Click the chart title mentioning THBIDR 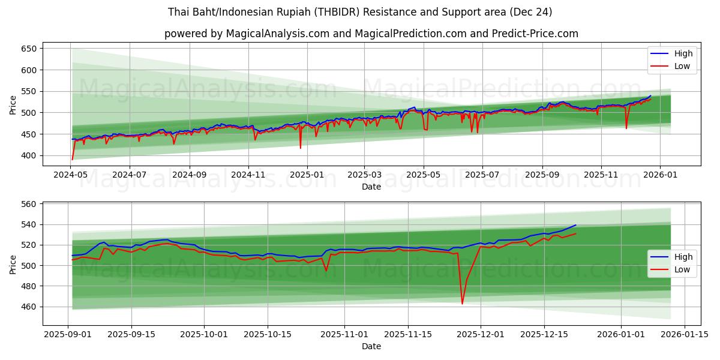[360, 12]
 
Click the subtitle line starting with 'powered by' [371, 34]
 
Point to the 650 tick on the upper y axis [29, 49]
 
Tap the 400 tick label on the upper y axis [29, 155]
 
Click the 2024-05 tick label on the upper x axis [72, 175]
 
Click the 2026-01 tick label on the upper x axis [660, 175]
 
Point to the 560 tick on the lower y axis [29, 204]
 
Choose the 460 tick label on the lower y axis [29, 307]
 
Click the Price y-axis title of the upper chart [13, 104]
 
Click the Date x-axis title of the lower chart [371, 346]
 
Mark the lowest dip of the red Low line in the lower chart [462, 304]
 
